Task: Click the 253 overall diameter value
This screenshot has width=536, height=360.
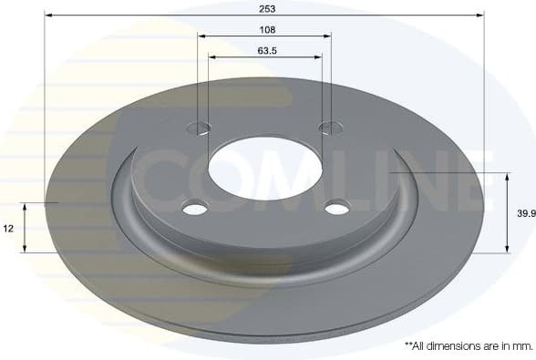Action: point(266,7)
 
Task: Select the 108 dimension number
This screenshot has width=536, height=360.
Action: point(266,29)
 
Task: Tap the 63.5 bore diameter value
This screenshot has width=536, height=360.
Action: point(266,51)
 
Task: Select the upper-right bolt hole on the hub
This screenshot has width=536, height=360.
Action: point(328,127)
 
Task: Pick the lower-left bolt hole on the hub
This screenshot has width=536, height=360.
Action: point(195,209)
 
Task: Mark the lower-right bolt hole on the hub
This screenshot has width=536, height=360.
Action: point(337,208)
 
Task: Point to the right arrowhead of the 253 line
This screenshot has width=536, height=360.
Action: point(480,15)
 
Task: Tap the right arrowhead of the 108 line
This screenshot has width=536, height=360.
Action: point(327,36)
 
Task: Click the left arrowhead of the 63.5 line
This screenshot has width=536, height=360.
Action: point(212,57)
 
